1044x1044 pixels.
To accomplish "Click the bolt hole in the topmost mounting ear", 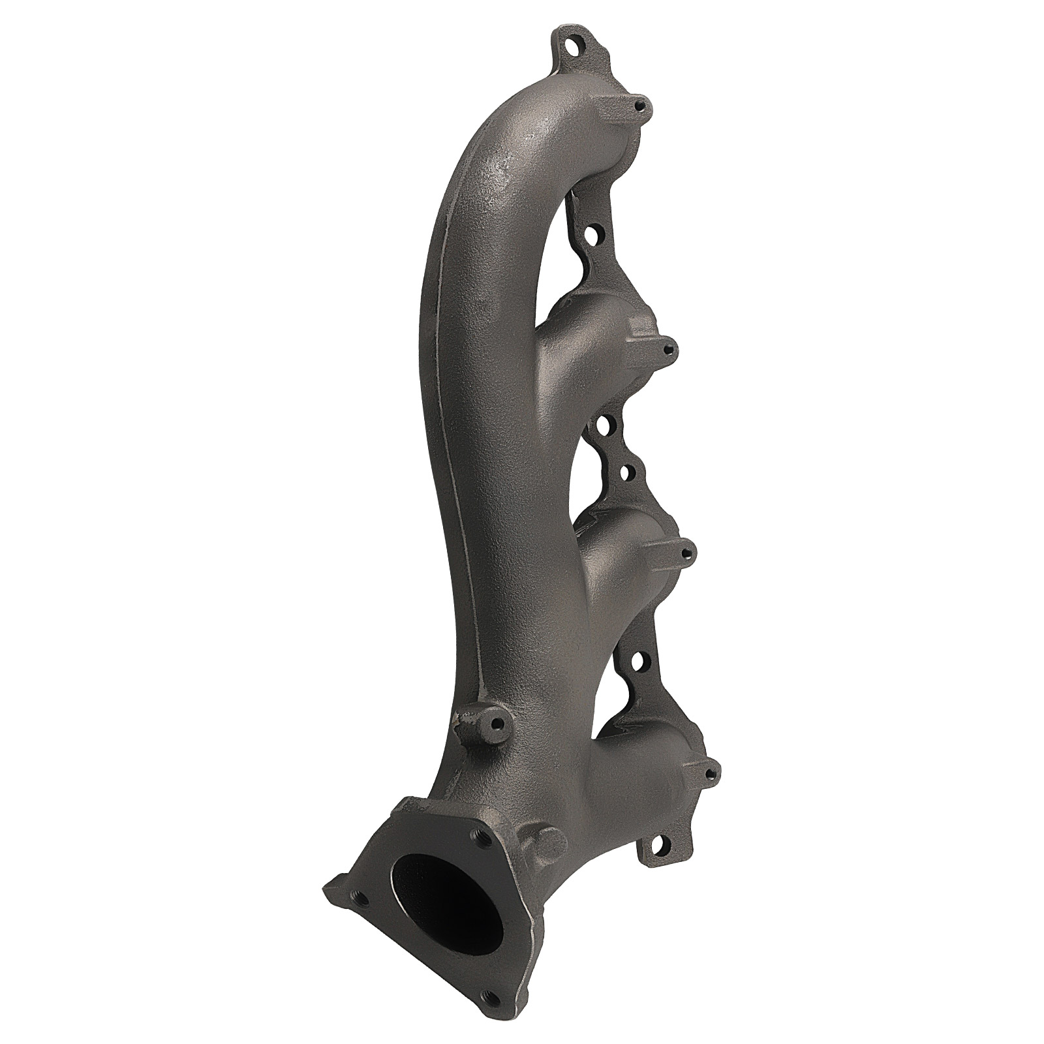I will (x=574, y=47).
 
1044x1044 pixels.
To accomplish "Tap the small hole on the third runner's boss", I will (x=685, y=554).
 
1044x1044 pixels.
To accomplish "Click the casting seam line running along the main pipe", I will (x=450, y=457).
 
